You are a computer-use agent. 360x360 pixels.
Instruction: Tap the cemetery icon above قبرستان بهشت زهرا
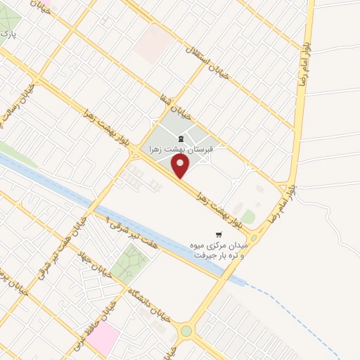click(181, 138)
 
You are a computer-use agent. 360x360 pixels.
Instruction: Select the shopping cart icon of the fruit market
click(219, 234)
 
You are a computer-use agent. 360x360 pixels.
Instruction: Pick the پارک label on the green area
click(8, 33)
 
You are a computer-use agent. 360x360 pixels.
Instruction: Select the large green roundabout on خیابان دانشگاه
click(186, 330)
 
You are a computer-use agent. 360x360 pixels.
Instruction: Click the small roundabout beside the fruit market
click(253, 238)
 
